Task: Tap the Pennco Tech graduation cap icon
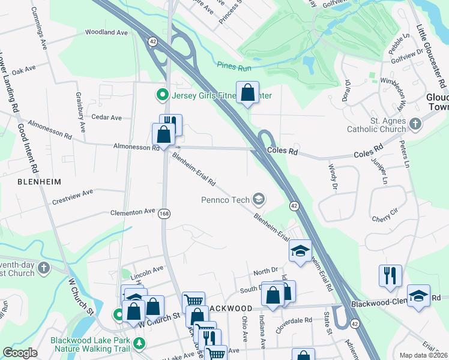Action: pos(259,198)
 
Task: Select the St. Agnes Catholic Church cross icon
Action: pos(415,125)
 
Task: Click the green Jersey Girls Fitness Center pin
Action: pos(161,95)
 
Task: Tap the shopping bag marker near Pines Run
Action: pos(247,93)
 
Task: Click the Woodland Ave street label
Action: pos(107,32)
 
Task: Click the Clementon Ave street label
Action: pos(132,212)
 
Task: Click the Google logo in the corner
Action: pos(20,353)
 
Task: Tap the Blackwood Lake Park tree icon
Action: pos(139,343)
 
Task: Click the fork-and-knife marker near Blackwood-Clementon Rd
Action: pos(390,275)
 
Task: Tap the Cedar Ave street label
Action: pos(107,118)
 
